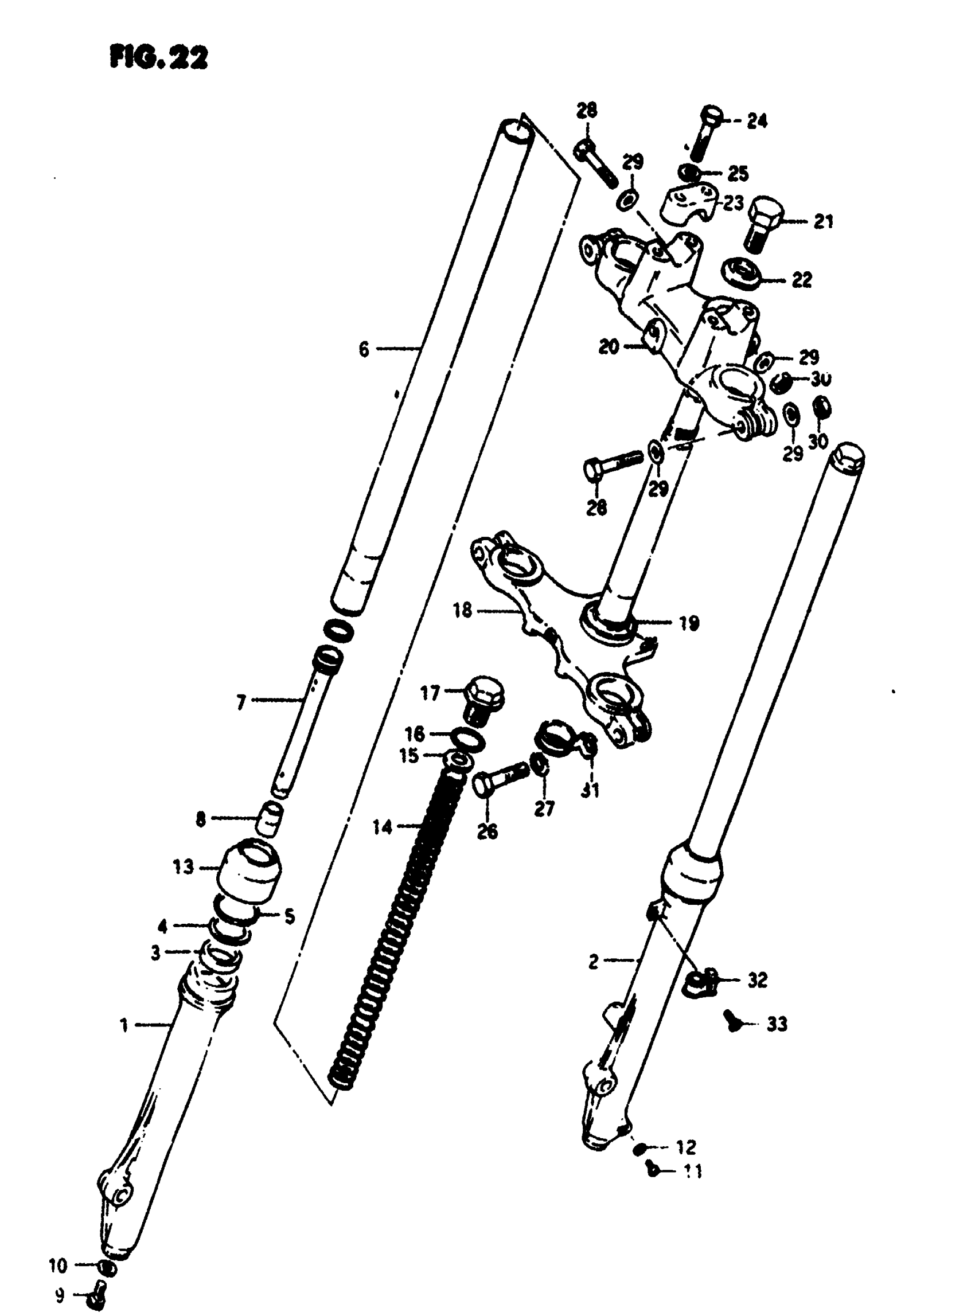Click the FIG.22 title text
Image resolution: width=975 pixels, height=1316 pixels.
[x=159, y=58]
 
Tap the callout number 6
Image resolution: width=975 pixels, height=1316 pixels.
[x=364, y=349]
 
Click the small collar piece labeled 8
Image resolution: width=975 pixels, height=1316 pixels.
[x=271, y=819]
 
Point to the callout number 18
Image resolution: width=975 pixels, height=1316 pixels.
[x=463, y=610]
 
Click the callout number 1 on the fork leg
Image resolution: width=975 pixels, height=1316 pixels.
[x=124, y=1026]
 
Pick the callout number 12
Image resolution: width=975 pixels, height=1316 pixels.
[x=686, y=1147]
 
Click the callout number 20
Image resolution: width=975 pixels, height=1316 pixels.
[x=609, y=347]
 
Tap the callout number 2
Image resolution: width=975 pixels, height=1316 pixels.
[x=593, y=962]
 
